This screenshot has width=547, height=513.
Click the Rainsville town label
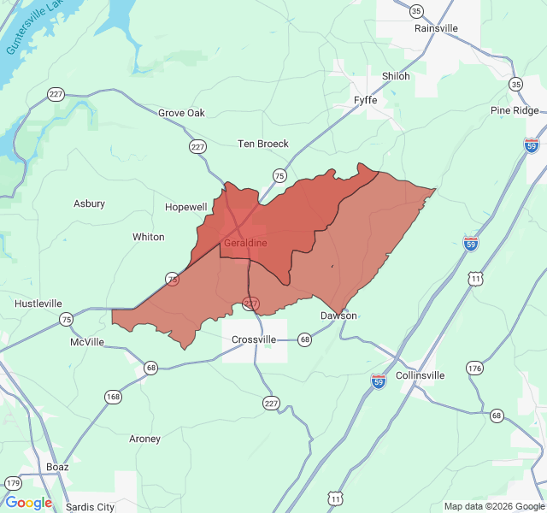436,28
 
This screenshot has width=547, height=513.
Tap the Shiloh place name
396,76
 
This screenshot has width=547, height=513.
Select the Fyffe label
365,100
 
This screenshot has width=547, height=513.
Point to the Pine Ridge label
515,111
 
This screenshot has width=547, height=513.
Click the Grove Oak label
181,113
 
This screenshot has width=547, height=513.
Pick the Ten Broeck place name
263,144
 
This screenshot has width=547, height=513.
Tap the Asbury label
90,203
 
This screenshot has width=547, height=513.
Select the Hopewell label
186,208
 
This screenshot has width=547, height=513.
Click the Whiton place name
149,237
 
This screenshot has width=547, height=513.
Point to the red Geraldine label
245,243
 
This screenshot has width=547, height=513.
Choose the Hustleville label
38,304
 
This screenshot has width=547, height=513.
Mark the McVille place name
87,342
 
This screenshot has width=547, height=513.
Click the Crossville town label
255,339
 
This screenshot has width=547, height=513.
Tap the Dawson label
338,315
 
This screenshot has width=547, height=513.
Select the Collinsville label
421,375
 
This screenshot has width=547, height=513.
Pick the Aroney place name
144,439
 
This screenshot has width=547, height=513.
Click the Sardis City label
91,507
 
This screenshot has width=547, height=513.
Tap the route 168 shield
113,397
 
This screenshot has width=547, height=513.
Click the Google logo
29,503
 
